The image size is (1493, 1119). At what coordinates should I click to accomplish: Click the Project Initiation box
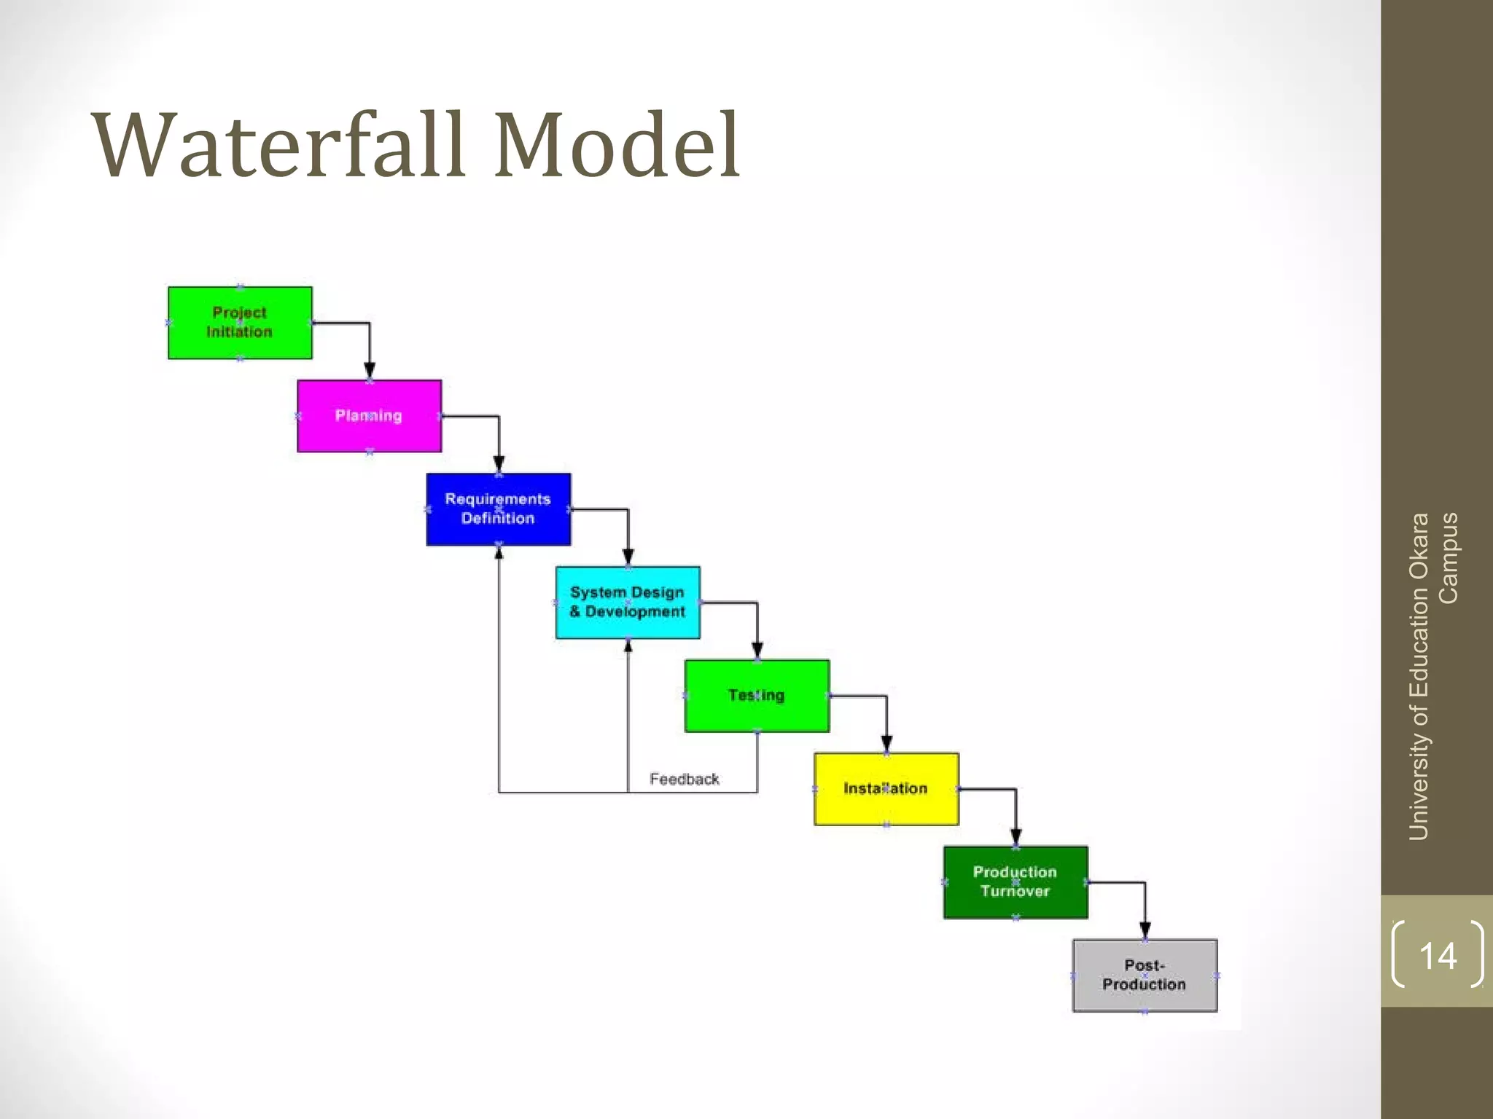pyautogui.click(x=240, y=323)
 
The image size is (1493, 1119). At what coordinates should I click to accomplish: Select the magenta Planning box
pyautogui.click(x=369, y=416)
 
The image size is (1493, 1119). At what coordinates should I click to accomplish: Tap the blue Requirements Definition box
pyautogui.click(x=499, y=509)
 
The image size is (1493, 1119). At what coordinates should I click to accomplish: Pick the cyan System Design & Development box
pyautogui.click(x=628, y=602)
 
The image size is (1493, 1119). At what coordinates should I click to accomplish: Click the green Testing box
pyautogui.click(x=757, y=696)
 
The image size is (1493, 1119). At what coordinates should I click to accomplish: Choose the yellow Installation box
pyautogui.click(x=886, y=789)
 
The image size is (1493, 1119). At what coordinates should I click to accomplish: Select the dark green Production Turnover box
pyautogui.click(x=1016, y=882)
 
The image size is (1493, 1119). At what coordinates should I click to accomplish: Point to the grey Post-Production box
pyautogui.click(x=1145, y=975)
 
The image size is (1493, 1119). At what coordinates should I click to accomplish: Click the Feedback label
pyautogui.click(x=684, y=780)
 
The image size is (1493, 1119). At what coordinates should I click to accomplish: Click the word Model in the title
pyautogui.click(x=617, y=146)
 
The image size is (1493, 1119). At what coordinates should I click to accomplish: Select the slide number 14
pyautogui.click(x=1438, y=955)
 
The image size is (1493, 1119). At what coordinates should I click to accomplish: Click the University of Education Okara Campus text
pyautogui.click(x=1432, y=676)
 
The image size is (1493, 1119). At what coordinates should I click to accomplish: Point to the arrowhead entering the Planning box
pyautogui.click(x=370, y=370)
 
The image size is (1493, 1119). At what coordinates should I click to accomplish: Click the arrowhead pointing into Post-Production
pyautogui.click(x=1145, y=930)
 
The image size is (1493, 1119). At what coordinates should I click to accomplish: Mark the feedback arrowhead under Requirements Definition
pyautogui.click(x=499, y=553)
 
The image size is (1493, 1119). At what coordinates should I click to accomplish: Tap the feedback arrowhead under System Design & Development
pyautogui.click(x=628, y=646)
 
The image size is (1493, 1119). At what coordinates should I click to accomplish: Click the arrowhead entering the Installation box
pyautogui.click(x=886, y=744)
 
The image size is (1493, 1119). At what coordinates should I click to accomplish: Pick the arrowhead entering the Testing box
pyautogui.click(x=757, y=650)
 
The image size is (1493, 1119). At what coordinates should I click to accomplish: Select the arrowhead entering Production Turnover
pyautogui.click(x=1016, y=836)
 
